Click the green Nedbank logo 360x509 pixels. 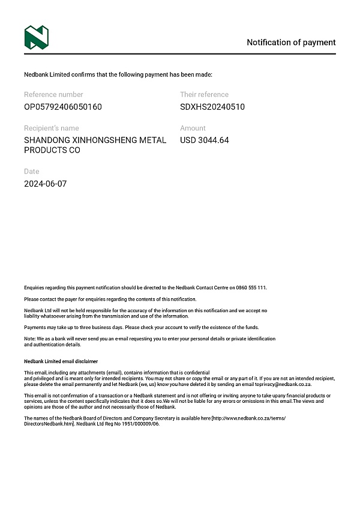point(36,37)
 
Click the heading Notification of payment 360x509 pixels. point(291,43)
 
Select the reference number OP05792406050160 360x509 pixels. point(63,107)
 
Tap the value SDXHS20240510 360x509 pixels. point(212,107)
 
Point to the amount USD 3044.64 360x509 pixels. point(205,140)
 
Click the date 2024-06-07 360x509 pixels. point(46,184)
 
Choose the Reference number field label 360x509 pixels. point(53,94)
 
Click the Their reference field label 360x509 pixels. point(204,94)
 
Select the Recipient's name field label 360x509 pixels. point(51,128)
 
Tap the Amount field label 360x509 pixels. point(193,128)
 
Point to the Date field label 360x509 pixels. point(31,171)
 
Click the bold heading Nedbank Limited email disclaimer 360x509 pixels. point(61,361)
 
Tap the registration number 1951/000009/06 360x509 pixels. point(139,424)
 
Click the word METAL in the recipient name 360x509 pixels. point(152,140)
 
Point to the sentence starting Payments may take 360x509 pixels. point(141,327)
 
